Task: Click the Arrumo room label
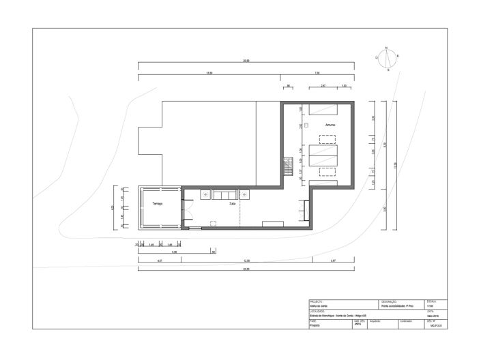(x=330, y=125)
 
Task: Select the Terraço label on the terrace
(x=158, y=204)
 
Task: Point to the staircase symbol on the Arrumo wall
(x=288, y=165)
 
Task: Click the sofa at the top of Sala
(x=224, y=195)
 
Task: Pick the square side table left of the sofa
(x=204, y=194)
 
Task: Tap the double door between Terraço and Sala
(x=184, y=209)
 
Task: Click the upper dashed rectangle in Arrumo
(x=328, y=139)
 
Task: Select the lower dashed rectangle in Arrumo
(x=328, y=172)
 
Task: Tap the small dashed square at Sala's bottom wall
(x=214, y=222)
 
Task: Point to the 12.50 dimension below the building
(x=247, y=261)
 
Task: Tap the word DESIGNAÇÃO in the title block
(x=390, y=301)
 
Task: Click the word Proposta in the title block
(x=315, y=326)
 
